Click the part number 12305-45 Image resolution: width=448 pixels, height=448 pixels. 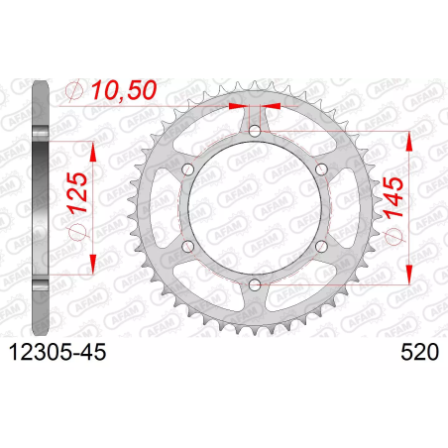pos(58,352)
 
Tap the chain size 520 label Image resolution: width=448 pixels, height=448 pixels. pos(420,352)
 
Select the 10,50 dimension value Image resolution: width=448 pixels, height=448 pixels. pos(124,90)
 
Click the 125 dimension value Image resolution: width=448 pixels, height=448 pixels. pos(77,192)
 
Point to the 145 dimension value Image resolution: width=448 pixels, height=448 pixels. pos(393,197)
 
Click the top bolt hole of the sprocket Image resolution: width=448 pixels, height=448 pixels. pos(255,131)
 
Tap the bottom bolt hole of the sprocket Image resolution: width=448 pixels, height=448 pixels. pos(255,284)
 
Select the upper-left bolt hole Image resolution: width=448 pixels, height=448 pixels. pos(188,169)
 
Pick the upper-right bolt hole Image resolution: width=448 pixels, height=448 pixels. pos(321,169)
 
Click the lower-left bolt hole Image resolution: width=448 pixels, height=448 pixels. pos(188,246)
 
